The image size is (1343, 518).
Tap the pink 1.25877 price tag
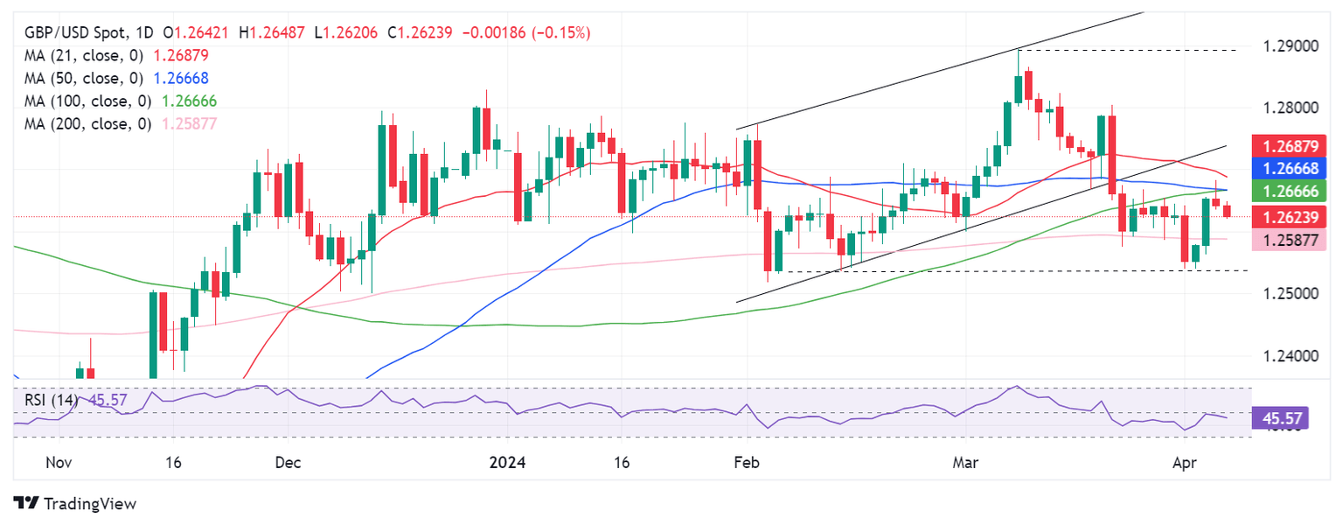(x=1283, y=240)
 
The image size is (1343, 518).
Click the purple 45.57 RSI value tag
(x=1282, y=418)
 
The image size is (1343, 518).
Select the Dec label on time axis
(x=288, y=462)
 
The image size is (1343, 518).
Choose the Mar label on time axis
(x=966, y=462)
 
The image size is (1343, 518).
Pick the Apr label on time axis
(x=1185, y=462)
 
